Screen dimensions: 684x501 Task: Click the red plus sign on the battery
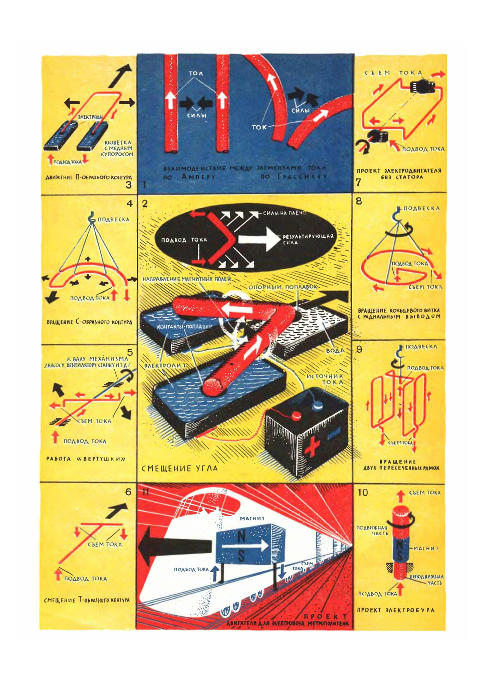coord(311,445)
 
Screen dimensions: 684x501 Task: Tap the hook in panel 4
coord(91,217)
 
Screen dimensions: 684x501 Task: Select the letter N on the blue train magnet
coord(242,537)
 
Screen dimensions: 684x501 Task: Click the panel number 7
coord(359,182)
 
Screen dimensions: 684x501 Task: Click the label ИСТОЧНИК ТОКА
coord(325,379)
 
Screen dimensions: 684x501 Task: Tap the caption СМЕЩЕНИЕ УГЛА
coord(179,468)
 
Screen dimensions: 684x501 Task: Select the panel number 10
coord(362,492)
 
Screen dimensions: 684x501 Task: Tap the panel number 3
coord(129,184)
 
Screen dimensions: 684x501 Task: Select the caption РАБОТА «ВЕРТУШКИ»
coord(85,459)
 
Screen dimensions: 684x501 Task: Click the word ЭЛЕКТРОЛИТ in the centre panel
coord(165,366)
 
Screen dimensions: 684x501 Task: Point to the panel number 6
coord(128,492)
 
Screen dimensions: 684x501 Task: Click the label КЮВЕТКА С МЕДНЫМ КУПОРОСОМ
coord(119,148)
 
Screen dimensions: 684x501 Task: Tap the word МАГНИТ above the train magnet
coord(252,518)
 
